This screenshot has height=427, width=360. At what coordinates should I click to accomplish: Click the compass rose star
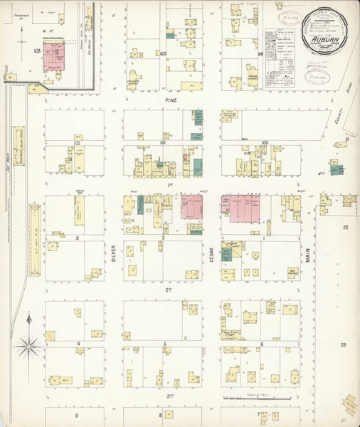coord(29,347)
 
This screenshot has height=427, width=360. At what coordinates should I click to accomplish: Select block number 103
coord(36,51)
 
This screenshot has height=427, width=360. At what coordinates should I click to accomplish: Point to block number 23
coord(343,344)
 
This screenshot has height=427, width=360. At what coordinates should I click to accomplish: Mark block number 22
coord(343,228)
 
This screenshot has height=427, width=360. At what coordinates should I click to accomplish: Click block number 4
coord(76,343)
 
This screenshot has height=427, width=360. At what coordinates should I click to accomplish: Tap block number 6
coord(262,344)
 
